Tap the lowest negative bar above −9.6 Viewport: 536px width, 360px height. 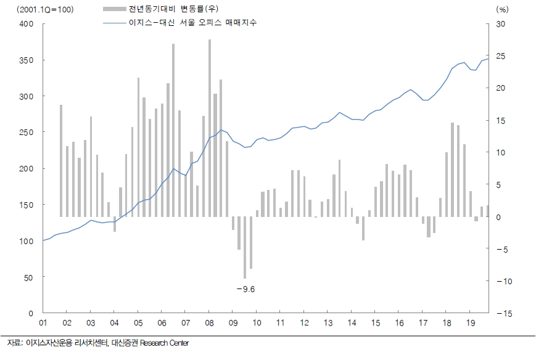tap(245, 247)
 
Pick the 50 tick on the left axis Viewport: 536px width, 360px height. tap(28, 277)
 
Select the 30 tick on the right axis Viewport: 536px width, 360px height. tap(500, 24)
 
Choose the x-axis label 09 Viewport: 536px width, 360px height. tap(233, 323)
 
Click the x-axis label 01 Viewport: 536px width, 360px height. tap(43, 323)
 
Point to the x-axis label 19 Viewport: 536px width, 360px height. tap(469, 323)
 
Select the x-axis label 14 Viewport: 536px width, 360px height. tap(351, 323)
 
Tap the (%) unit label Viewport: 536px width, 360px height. tap(501, 9)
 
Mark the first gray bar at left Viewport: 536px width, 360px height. tap(61, 161)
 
